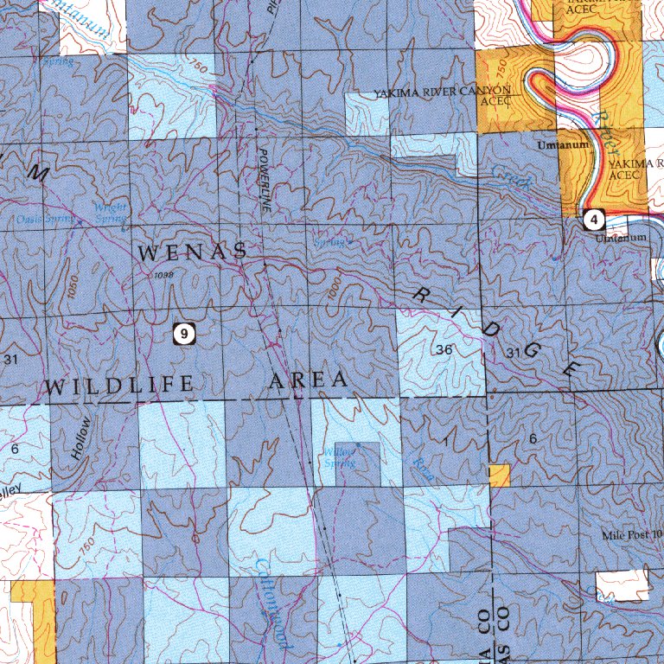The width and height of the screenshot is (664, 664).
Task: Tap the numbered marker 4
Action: click(x=593, y=219)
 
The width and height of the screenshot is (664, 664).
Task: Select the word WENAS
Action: click(x=192, y=253)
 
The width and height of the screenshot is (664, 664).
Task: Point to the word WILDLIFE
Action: click(x=119, y=386)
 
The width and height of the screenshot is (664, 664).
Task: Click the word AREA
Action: click(x=309, y=380)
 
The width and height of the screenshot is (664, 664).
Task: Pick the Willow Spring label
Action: click(x=339, y=458)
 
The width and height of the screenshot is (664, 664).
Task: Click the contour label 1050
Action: click(x=73, y=290)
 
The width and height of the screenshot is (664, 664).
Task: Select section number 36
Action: click(x=444, y=350)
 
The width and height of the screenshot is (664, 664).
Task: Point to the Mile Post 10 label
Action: click(x=632, y=535)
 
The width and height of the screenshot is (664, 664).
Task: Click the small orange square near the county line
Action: click(x=499, y=475)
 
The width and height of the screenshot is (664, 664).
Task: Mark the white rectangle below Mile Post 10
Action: click(x=622, y=585)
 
